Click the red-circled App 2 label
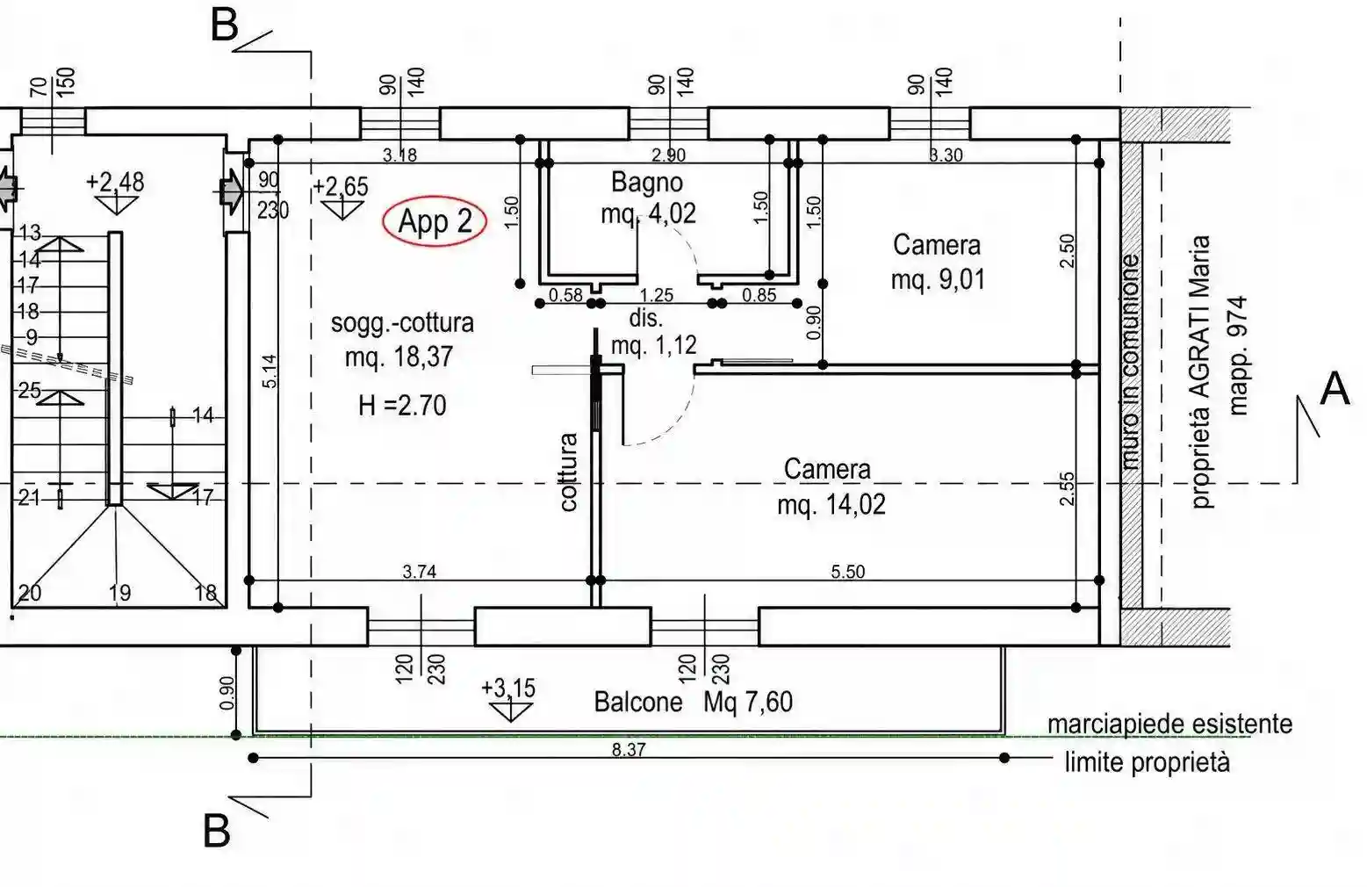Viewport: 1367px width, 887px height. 435,221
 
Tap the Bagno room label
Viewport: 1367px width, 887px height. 647,182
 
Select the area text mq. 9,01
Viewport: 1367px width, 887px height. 938,280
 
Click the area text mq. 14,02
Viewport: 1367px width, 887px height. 831,505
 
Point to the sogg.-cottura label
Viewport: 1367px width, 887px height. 402,323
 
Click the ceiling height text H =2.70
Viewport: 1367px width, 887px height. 402,406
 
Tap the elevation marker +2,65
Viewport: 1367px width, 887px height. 341,186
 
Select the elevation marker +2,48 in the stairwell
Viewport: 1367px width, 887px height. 115,182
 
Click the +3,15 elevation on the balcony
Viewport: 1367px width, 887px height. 508,688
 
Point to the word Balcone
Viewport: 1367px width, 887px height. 638,702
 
